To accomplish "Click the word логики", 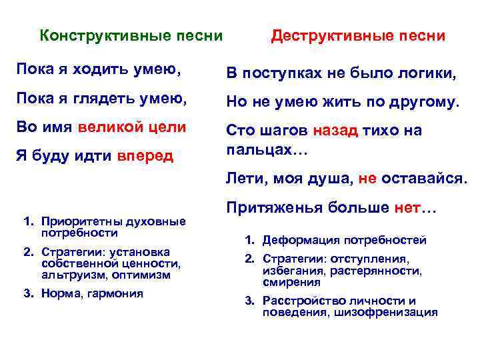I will [425, 73].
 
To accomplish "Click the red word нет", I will [406, 207].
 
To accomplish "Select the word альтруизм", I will [66, 274].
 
